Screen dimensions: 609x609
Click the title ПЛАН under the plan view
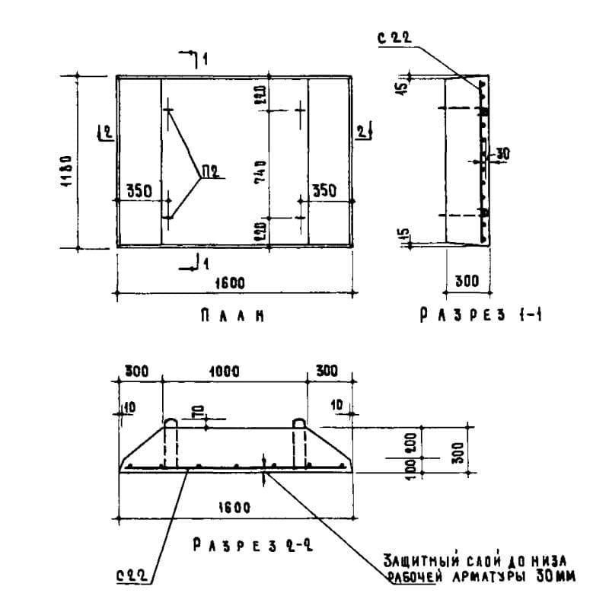tap(232, 314)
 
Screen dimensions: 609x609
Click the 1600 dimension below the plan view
tap(233, 282)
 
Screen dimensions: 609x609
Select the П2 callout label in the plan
tap(210, 171)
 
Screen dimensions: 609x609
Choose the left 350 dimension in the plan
tap(139, 191)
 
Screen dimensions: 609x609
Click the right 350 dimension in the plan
tap(324, 191)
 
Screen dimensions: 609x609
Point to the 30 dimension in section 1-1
tap(502, 154)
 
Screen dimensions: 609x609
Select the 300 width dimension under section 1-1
tap(467, 281)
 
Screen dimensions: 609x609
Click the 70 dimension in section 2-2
tap(196, 412)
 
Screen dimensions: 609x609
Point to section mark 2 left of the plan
tap(107, 132)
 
